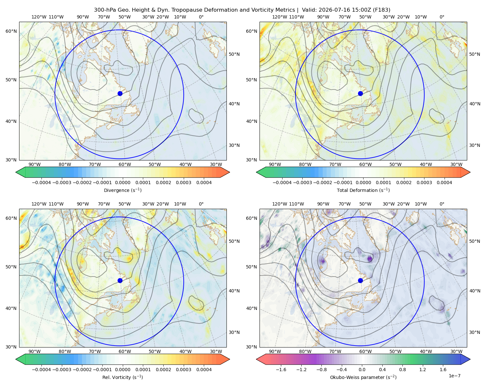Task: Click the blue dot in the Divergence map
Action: click(x=120, y=93)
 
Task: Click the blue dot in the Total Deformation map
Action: click(x=360, y=93)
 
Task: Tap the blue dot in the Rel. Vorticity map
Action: click(x=120, y=280)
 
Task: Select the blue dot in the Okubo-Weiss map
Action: click(x=360, y=280)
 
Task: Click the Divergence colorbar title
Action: click(x=122, y=190)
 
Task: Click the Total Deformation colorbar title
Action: click(x=363, y=190)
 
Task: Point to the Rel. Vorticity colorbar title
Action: click(x=122, y=377)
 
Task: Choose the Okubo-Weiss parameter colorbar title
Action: click(x=363, y=377)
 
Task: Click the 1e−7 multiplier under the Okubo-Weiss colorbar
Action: click(x=454, y=376)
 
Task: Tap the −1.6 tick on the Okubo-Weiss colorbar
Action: click(x=281, y=370)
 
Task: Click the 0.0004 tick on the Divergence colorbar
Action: click(x=204, y=183)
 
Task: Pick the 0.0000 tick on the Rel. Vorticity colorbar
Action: click(x=122, y=370)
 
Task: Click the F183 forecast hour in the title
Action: click(x=381, y=10)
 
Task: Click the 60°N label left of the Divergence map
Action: click(x=11, y=31)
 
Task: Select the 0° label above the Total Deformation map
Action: click(x=442, y=17)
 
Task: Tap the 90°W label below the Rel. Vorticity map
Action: click(x=35, y=351)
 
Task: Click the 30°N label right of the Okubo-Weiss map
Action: click(x=475, y=332)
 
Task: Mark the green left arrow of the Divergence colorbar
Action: click(x=20, y=172)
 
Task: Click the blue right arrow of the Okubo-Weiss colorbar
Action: click(x=465, y=359)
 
